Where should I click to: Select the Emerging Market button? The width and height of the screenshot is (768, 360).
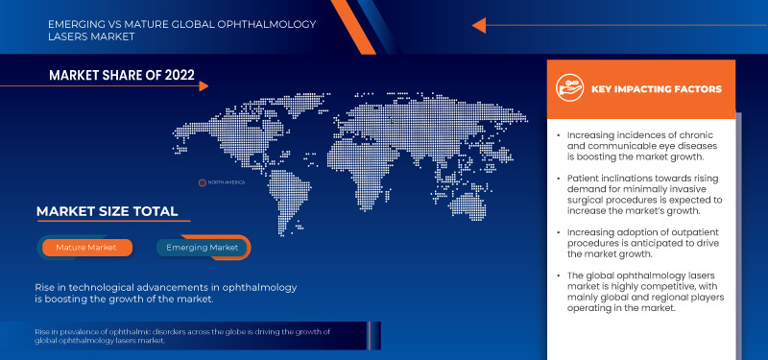click(x=204, y=248)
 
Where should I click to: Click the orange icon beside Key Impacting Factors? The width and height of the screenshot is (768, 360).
click(x=571, y=89)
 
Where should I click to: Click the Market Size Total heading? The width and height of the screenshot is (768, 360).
click(x=107, y=211)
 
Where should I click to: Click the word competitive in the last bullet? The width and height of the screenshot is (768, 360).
click(x=686, y=286)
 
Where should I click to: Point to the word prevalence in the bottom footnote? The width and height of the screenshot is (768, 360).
click(x=62, y=331)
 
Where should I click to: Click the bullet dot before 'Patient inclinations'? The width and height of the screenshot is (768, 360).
click(x=559, y=180)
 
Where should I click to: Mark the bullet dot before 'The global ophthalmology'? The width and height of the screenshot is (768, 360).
click(x=559, y=276)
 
